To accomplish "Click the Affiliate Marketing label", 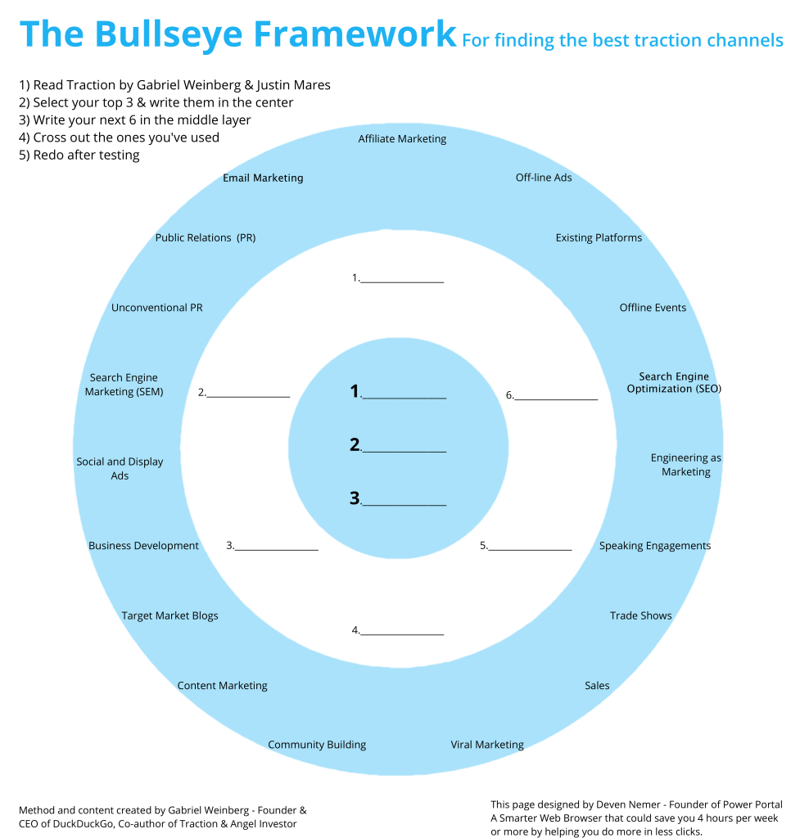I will coord(402,139).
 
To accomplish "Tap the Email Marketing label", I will coord(263,178).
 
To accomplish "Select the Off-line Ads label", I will coord(543,178).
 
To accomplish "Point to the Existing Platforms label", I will coord(599,238).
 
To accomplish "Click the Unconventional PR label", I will coord(156,308).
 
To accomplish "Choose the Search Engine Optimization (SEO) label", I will coord(674,383).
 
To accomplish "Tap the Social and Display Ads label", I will coord(120,468).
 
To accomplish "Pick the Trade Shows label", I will coord(640,615).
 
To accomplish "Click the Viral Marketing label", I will coord(486,745).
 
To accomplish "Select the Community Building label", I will coord(317,745).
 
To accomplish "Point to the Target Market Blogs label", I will coord(169,615).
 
